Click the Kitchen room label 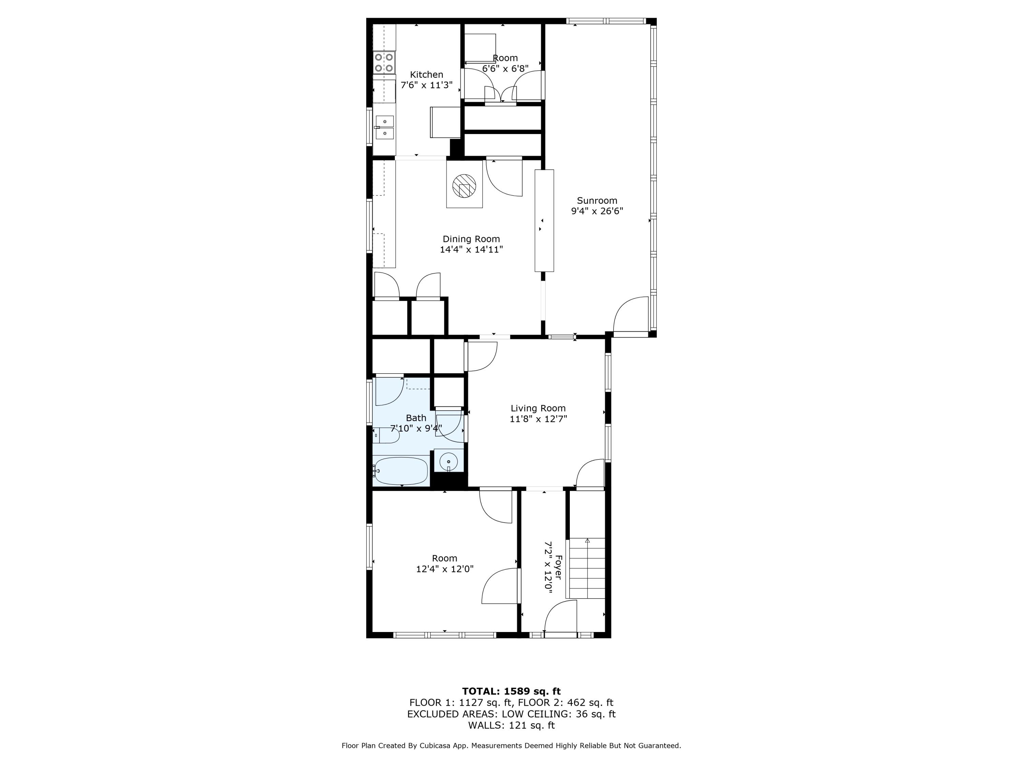[426, 74]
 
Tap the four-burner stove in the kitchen [384, 63]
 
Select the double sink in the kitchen [384, 127]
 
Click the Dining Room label [471, 239]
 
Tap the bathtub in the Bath [401, 471]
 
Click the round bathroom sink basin [448, 462]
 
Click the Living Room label [538, 408]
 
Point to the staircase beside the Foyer [587, 568]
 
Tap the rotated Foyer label [559, 567]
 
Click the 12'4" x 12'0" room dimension [444, 569]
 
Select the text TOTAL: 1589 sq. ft [511, 691]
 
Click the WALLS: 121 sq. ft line [511, 725]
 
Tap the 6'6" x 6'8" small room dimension [505, 69]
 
